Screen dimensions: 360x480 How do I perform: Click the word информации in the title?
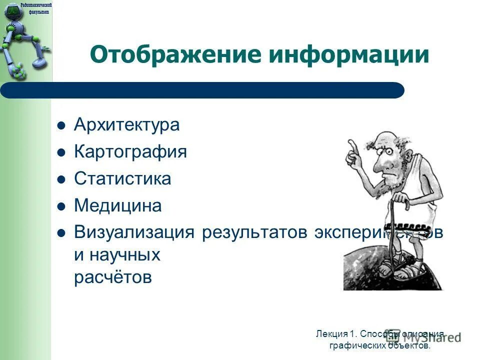349,55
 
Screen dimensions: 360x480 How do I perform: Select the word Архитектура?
126,125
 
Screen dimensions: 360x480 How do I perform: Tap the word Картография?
130,152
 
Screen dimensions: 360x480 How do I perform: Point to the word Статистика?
122,179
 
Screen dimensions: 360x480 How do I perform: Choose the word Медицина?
117,206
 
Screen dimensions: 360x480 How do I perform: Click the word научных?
124,255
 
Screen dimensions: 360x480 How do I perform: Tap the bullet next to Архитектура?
61,125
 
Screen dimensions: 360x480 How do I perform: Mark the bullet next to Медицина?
61,206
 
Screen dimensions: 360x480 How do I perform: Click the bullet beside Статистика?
61,179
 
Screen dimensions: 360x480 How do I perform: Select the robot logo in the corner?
22,40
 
